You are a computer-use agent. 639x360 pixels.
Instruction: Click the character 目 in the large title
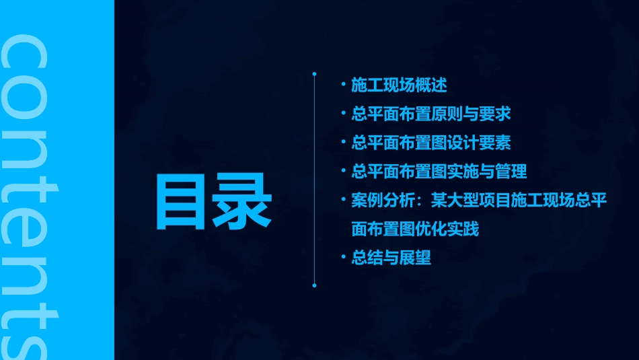pos(184,203)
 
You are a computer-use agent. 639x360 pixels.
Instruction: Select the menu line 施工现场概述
pos(399,85)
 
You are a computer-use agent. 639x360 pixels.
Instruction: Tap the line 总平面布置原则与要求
pos(431,114)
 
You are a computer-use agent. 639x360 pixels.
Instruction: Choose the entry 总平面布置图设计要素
pos(431,143)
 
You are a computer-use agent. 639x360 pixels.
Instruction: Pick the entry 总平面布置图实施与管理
pos(439,172)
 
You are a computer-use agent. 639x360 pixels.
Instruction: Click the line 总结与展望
pos(391,258)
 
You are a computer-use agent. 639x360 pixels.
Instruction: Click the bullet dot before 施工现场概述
pos(343,85)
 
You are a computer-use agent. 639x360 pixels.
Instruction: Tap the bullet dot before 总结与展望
pos(343,258)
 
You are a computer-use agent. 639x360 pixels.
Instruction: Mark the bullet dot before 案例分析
pos(343,201)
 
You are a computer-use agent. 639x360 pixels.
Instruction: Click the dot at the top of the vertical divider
pos(314,73)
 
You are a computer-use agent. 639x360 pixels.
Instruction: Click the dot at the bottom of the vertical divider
pos(314,285)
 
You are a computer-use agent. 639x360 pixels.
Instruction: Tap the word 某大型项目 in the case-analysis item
pos(463,201)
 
